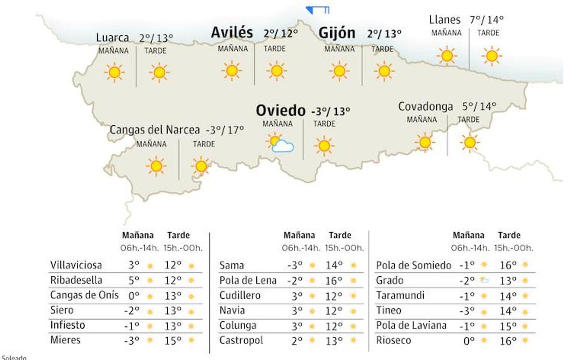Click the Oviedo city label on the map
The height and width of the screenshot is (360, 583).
tap(280, 111)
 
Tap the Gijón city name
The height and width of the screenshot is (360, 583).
tap(337, 33)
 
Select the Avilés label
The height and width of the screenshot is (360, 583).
tap(232, 33)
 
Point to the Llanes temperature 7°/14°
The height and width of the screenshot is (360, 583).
tap(487, 20)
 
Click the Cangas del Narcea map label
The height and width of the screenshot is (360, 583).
tap(155, 130)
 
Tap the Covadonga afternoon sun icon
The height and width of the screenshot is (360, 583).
tap(469, 142)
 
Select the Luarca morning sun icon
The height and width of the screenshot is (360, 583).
tap(114, 72)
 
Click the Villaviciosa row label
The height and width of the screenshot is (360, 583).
tap(76, 266)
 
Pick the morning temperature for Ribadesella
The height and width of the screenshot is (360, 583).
tap(134, 281)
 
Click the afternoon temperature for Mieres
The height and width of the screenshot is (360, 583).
tap(172, 340)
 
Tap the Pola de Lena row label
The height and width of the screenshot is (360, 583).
tap(248, 281)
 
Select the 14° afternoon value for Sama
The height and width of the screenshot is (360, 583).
tap(334, 266)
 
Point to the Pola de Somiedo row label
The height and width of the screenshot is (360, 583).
tap(413, 266)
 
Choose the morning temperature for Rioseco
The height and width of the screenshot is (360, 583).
tap(469, 341)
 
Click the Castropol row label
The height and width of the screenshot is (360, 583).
tap(241, 340)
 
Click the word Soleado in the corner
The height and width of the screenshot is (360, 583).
tap(14, 358)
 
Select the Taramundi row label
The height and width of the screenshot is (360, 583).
tap(400, 295)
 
